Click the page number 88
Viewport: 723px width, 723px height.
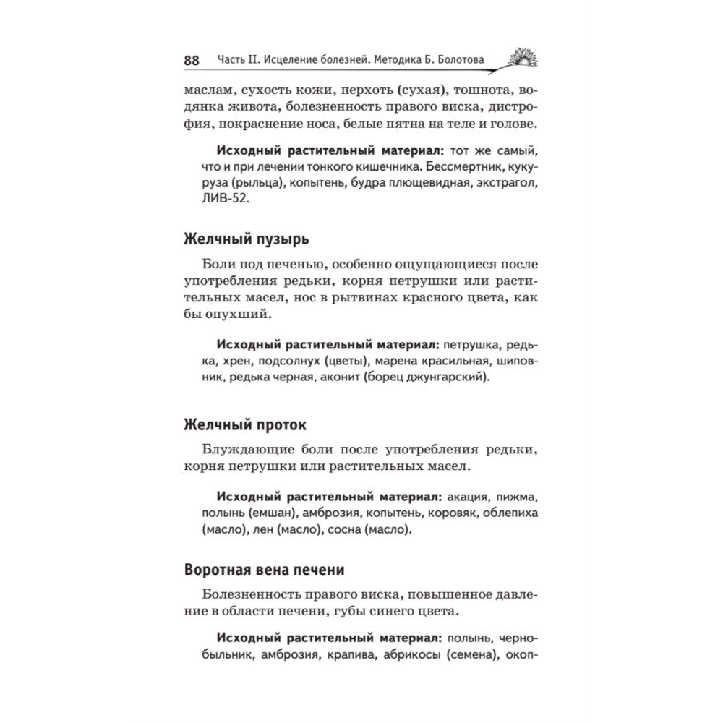(191, 60)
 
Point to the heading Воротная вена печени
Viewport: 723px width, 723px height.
(264, 568)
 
